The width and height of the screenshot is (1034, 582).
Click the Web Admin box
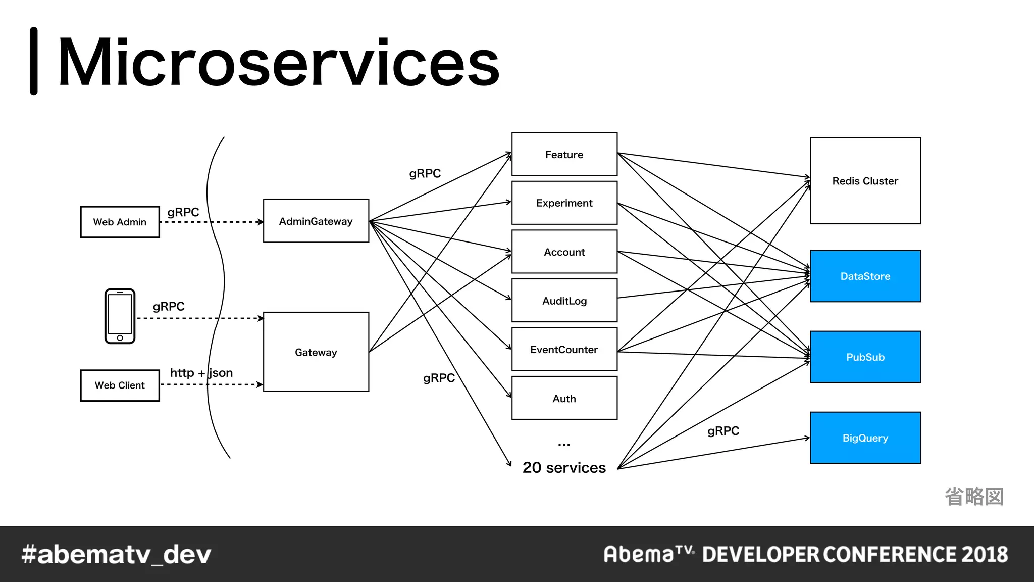pyautogui.click(x=120, y=222)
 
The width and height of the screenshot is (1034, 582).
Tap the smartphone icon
pyautogui.click(x=120, y=316)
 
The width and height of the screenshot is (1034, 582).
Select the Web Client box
pyautogui.click(x=120, y=385)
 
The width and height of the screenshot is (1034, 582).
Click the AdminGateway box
pyautogui.click(x=316, y=221)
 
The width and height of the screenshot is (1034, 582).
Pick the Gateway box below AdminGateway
pyautogui.click(x=316, y=352)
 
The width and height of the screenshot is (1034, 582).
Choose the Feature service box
pyautogui.click(x=564, y=154)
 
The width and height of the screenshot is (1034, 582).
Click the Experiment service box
pyautogui.click(x=564, y=203)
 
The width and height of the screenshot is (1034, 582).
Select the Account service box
pyautogui.click(x=564, y=252)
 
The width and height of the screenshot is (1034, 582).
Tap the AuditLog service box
pyautogui.click(x=564, y=301)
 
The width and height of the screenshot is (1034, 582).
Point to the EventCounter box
pyautogui.click(x=564, y=349)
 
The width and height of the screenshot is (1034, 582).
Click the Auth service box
pyautogui.click(x=564, y=398)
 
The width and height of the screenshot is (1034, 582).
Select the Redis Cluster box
pyautogui.click(x=865, y=181)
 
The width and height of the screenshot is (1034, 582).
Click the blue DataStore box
pyautogui.click(x=865, y=276)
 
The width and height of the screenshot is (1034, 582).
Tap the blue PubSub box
pyautogui.click(x=865, y=357)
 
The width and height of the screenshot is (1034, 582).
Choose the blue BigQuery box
pyautogui.click(x=865, y=438)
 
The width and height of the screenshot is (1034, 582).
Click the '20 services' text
pyautogui.click(x=564, y=467)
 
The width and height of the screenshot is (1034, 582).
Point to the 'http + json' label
pyautogui.click(x=201, y=373)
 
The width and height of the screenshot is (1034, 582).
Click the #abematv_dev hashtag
pyautogui.click(x=116, y=554)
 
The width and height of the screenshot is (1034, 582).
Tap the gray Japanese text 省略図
pyautogui.click(x=974, y=496)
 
